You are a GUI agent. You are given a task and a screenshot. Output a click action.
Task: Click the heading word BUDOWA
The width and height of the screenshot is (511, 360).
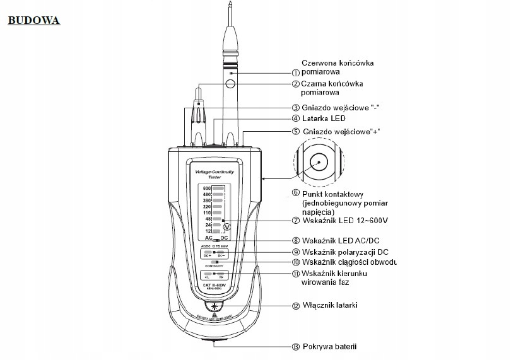coord(33,21)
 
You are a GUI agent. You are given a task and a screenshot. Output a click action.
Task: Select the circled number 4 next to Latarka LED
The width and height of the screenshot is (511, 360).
coord(295,118)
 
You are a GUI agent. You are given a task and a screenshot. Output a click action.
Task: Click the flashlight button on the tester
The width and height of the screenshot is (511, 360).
coord(214,306)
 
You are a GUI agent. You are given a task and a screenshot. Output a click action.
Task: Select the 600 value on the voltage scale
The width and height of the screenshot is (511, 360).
coord(206,188)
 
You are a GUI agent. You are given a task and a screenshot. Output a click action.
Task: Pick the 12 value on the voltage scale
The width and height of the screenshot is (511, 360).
coord(206,231)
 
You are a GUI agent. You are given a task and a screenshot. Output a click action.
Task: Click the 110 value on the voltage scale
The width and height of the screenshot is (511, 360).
coord(206,212)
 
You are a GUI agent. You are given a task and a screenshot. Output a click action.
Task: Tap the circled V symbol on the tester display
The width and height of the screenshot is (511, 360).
coord(227,226)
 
